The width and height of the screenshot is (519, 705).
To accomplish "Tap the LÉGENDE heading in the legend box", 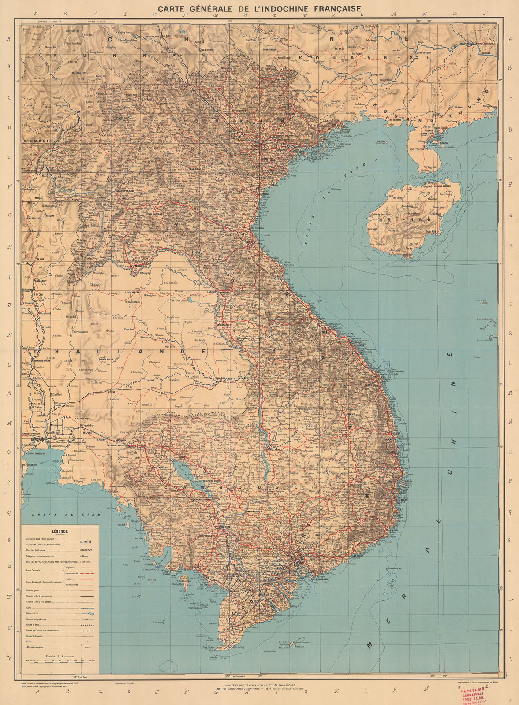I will pos(60,531).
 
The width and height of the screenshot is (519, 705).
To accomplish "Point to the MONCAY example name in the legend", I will pos(87,550).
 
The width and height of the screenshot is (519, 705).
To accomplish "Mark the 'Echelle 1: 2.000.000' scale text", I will pos(59,656).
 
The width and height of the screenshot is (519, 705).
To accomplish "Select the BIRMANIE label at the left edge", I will pos(38,141).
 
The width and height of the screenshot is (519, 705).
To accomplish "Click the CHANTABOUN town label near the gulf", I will pos(116,486).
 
